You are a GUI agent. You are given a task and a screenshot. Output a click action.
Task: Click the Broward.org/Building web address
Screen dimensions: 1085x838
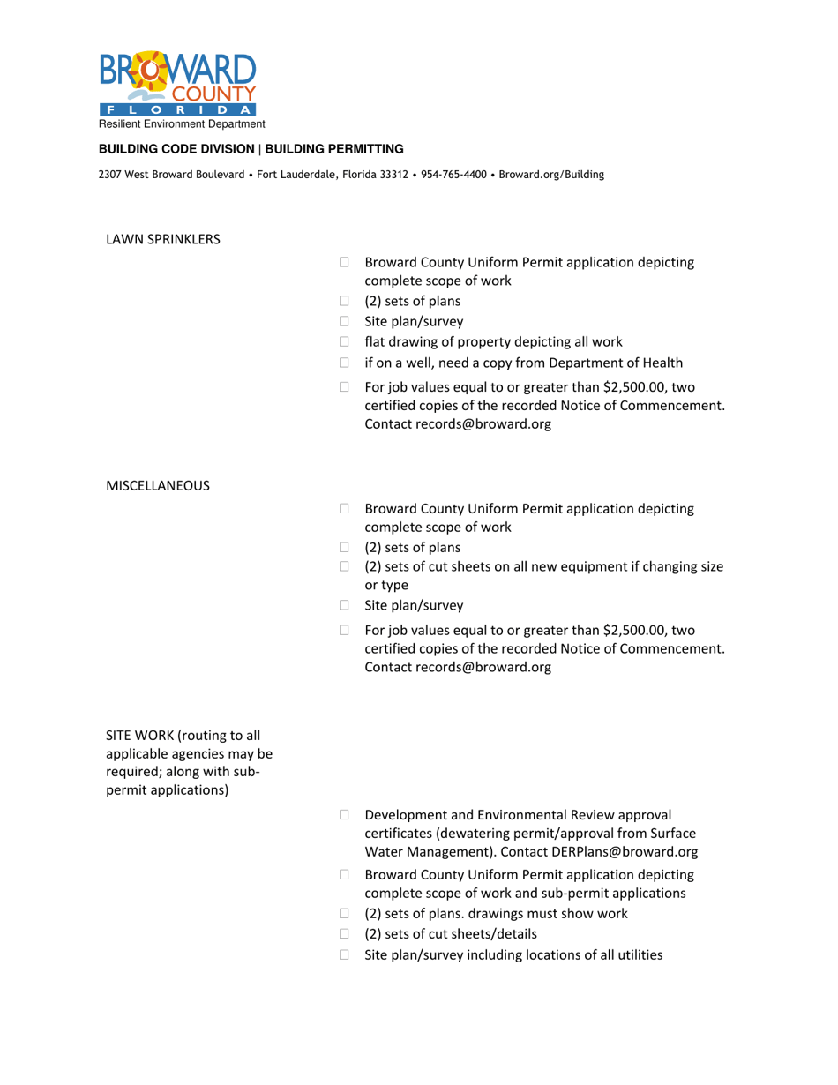point(551,175)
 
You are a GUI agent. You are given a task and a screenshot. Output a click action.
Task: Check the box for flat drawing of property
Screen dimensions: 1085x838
point(344,341)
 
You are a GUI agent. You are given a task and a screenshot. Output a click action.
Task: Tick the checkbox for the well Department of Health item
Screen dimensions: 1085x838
point(344,363)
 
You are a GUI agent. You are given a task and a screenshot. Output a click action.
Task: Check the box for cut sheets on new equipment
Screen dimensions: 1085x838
point(344,567)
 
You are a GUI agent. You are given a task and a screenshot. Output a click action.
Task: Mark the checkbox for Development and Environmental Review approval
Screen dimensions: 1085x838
point(344,813)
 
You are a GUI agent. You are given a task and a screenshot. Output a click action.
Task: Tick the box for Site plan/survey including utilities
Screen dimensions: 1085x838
point(344,954)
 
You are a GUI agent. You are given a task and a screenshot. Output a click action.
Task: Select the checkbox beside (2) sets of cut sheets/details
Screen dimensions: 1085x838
point(344,934)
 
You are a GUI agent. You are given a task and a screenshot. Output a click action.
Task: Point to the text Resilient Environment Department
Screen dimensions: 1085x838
point(182,126)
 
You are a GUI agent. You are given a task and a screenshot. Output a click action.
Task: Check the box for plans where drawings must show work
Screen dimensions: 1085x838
point(344,913)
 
